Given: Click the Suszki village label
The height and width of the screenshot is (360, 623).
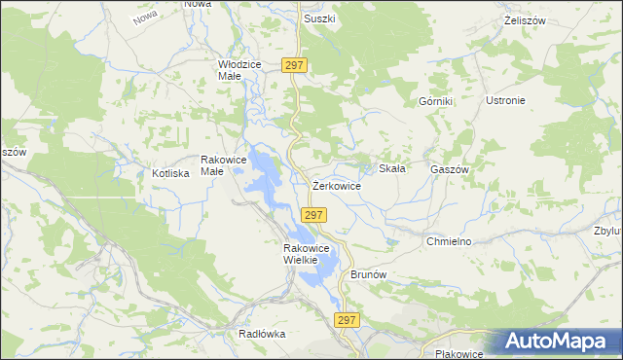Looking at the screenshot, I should coord(319,18).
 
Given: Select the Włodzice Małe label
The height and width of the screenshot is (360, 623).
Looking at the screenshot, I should coord(239,69).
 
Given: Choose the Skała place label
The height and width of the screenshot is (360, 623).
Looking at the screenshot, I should coord(391,168).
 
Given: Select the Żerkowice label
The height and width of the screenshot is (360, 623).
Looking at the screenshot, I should coord(337,185).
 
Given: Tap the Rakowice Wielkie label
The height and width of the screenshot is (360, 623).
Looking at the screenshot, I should coord(309,253).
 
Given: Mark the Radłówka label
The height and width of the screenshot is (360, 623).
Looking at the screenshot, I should coord(262,333).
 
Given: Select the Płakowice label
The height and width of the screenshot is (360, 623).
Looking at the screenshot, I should coord(460,353).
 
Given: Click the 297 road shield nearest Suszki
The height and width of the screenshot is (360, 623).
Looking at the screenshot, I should coord(296,65).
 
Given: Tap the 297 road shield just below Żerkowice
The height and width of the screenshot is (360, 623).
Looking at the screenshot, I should coord(312,215).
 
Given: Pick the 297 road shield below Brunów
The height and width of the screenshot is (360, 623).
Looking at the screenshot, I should coord(347,320).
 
